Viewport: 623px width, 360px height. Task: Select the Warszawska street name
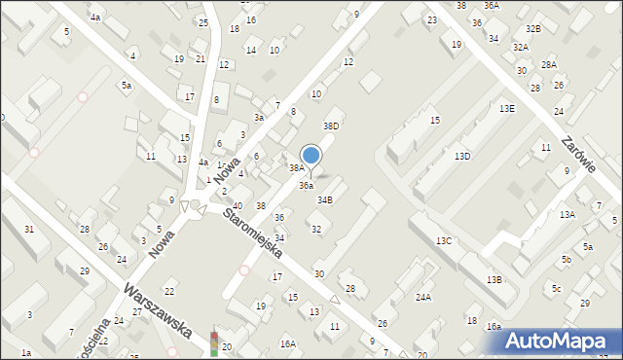157,310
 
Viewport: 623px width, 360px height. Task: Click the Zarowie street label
578,153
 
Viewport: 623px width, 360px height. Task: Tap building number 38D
332,126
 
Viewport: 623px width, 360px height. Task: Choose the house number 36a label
306,185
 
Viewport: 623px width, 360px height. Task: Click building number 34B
325,199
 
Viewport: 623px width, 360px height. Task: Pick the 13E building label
507,109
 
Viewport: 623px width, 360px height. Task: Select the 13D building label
462,156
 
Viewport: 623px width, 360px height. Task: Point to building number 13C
444,240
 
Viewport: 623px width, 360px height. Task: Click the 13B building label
495,280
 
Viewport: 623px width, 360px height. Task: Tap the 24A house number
423,297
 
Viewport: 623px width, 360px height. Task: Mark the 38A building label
296,167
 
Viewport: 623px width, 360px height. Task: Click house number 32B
532,29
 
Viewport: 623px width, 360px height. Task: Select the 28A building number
549,64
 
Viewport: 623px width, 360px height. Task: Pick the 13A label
567,214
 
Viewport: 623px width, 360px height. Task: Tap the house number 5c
557,289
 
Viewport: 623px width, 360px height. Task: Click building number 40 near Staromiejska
238,206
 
